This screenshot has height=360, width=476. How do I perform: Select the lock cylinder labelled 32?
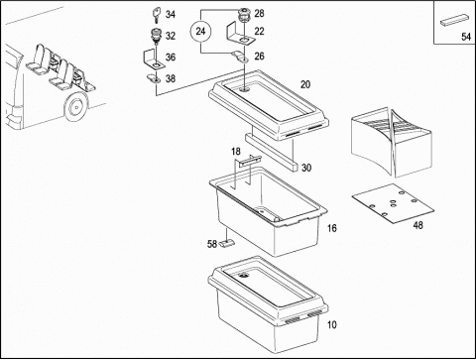click(x=155, y=36)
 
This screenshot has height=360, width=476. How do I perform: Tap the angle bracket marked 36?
click(x=153, y=60)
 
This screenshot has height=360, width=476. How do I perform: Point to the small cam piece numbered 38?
click(x=153, y=78)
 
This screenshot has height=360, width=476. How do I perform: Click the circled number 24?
click(x=200, y=31)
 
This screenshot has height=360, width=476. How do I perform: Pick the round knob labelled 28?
click(x=245, y=15)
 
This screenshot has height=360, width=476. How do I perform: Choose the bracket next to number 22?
click(x=240, y=34)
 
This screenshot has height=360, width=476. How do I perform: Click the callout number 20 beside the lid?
click(x=305, y=84)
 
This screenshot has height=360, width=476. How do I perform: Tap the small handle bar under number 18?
click(x=250, y=161)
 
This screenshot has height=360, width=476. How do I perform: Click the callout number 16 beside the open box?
click(x=332, y=228)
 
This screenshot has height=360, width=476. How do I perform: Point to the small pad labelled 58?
click(x=227, y=243)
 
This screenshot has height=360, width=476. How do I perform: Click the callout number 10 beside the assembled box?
click(x=332, y=324)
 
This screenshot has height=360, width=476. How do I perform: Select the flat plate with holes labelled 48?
click(x=393, y=203)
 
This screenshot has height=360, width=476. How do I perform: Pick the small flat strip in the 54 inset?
click(x=454, y=20)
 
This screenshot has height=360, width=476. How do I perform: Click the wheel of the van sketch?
click(x=76, y=107)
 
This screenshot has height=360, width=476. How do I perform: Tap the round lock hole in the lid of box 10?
click(x=244, y=276)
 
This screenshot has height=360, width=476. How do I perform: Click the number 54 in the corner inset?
click(x=466, y=37)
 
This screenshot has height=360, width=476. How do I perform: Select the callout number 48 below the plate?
click(x=417, y=225)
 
